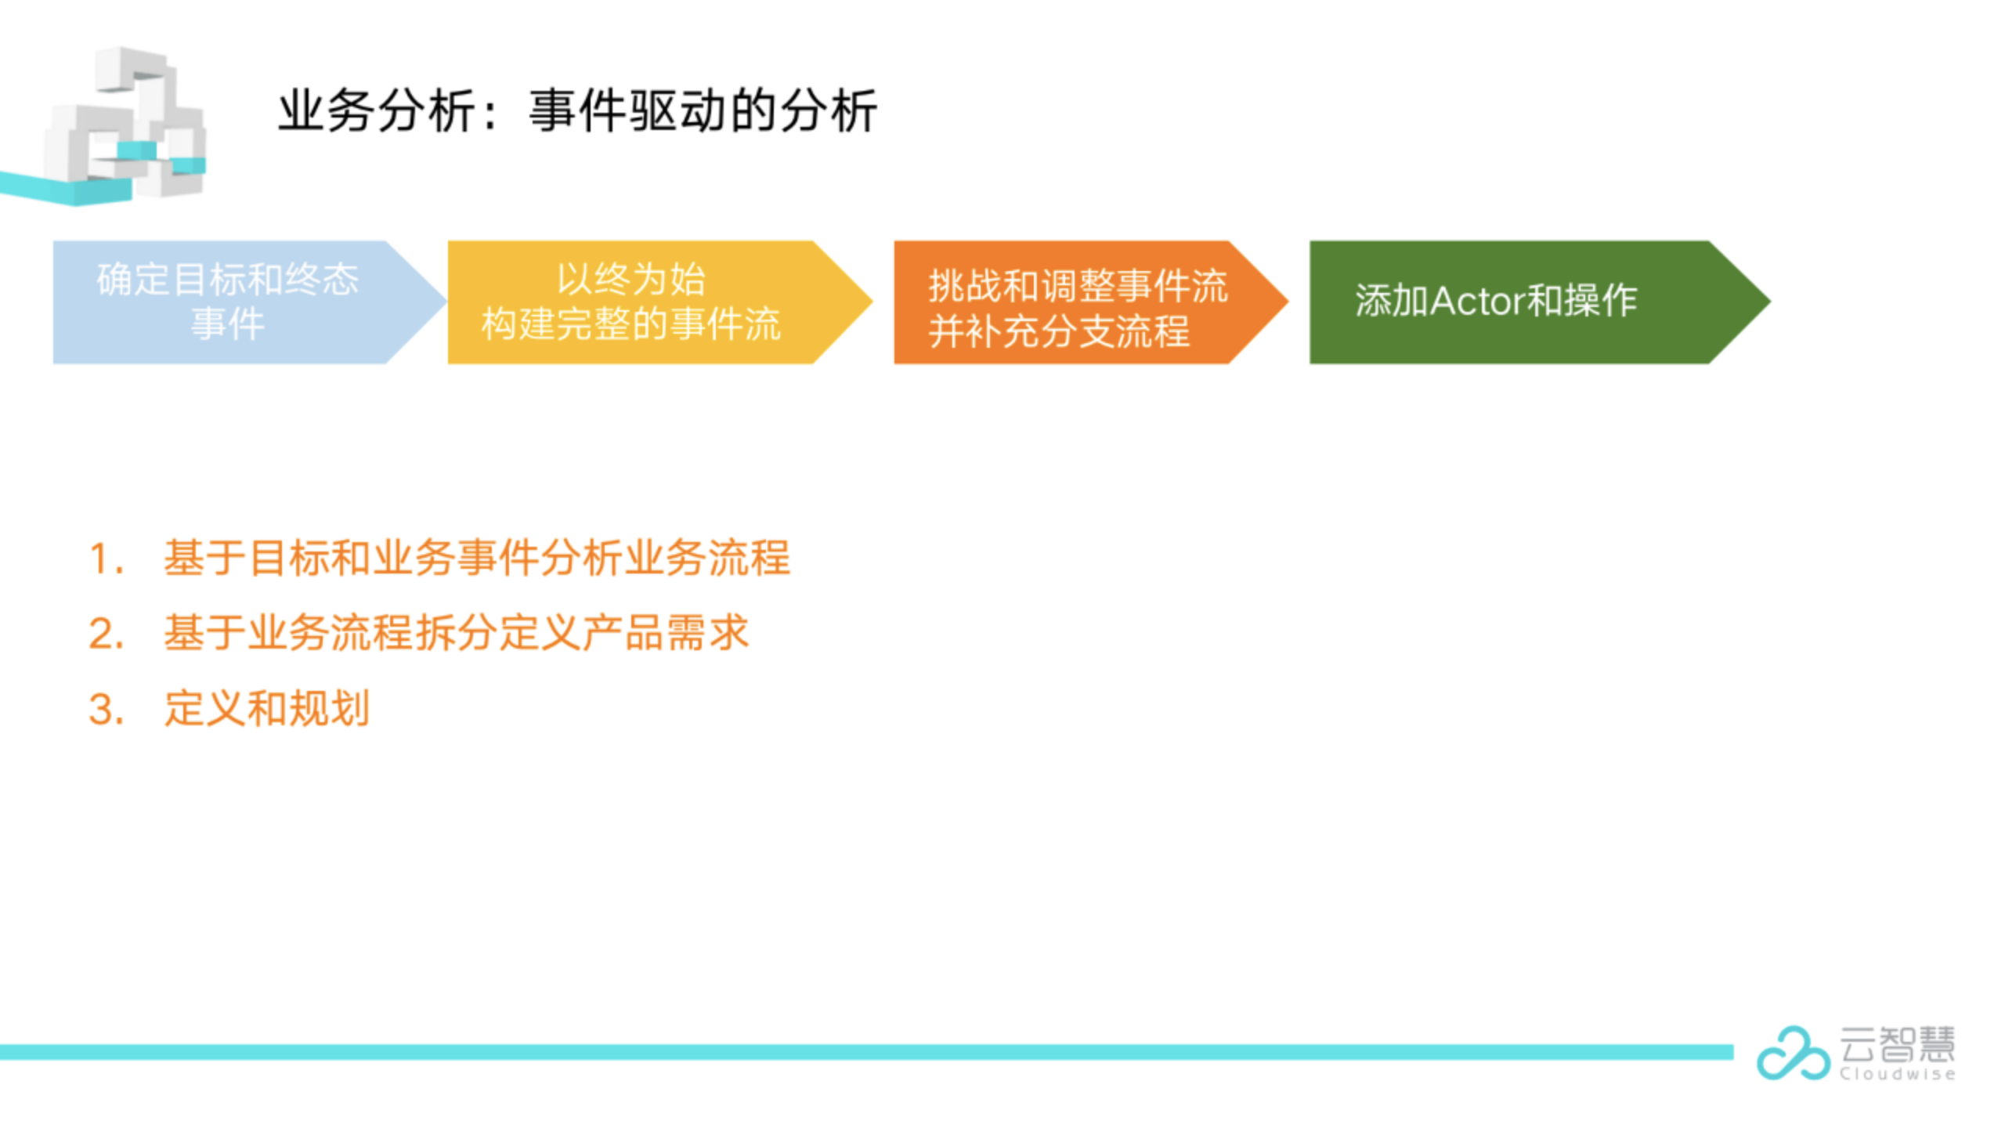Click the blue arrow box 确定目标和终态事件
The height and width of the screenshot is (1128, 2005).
(x=227, y=302)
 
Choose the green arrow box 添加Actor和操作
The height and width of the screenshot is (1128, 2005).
(x=1512, y=302)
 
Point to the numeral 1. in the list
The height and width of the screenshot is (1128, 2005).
(x=107, y=559)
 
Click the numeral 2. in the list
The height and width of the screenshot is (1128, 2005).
(x=107, y=634)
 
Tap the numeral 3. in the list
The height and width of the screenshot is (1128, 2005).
(x=107, y=710)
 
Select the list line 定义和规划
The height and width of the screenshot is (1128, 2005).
(x=266, y=709)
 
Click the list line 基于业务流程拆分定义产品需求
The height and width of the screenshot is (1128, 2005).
(x=456, y=633)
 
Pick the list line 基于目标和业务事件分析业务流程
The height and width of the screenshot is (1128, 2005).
(x=476, y=559)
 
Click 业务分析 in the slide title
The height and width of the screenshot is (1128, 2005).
(x=376, y=110)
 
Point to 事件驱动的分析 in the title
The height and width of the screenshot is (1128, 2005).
(x=703, y=110)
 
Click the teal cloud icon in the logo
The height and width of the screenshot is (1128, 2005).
(x=1792, y=1053)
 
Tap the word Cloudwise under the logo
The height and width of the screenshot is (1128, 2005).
(x=1897, y=1074)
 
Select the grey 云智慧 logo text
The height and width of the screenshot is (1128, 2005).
(x=1897, y=1044)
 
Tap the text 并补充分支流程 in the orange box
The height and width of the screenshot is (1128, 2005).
(x=1059, y=331)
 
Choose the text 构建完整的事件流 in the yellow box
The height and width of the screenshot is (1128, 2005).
(x=631, y=324)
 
